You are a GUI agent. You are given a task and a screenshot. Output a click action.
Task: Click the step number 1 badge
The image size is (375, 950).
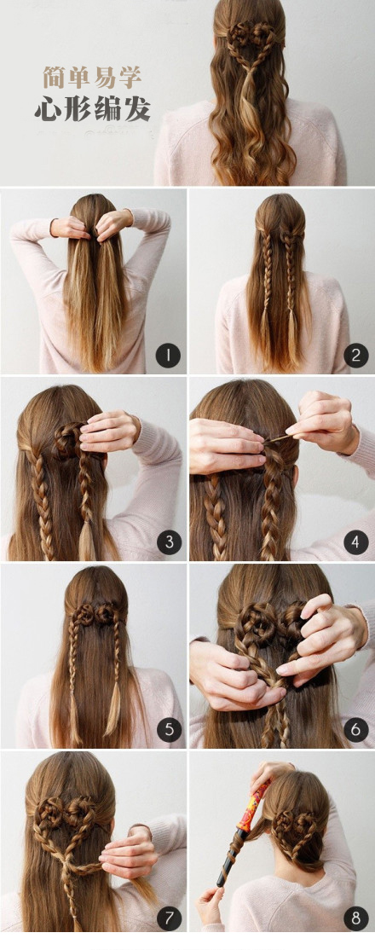pyautogui.click(x=168, y=355)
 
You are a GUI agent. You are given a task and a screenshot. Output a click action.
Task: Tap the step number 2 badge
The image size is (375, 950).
pyautogui.click(x=356, y=355)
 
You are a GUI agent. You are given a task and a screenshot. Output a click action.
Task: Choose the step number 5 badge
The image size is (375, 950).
pyautogui.click(x=170, y=729)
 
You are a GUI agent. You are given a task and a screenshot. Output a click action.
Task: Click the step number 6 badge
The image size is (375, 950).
pyautogui.click(x=356, y=729)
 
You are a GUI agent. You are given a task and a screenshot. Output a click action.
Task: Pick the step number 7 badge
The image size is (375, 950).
pyautogui.click(x=170, y=918)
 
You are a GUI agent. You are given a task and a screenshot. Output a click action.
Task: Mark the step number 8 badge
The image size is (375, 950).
pyautogui.click(x=356, y=918)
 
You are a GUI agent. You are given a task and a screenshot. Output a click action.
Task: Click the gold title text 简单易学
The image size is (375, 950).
pyautogui.click(x=92, y=78)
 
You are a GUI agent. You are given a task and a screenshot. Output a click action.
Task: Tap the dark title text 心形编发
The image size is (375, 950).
pyautogui.click(x=92, y=110)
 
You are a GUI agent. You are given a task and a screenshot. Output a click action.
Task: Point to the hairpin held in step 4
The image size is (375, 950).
pyautogui.click(x=279, y=438)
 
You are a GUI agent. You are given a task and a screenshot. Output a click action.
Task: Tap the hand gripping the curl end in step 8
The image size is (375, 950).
pyautogui.click(x=210, y=905)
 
